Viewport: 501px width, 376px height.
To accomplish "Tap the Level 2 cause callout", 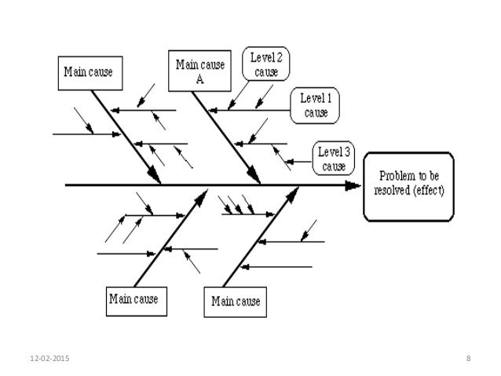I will [x=266, y=63].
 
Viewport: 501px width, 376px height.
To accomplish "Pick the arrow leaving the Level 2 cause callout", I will [x=236, y=100].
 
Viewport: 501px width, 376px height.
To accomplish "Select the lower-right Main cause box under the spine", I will [x=235, y=301].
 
